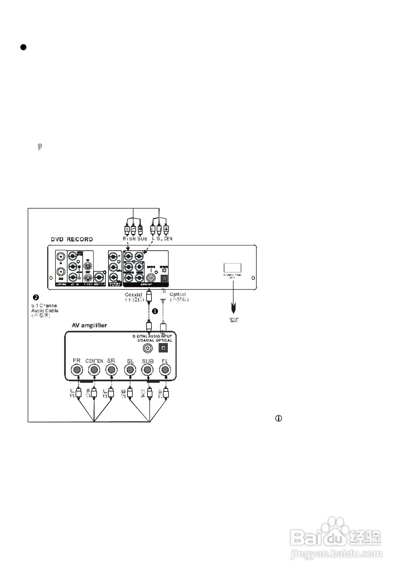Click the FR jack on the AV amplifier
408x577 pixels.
tap(77, 370)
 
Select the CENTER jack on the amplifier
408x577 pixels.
tap(94, 370)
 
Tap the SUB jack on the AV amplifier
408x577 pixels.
tap(148, 370)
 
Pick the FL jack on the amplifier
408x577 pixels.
tap(165, 370)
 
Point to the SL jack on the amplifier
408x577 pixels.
tap(130, 370)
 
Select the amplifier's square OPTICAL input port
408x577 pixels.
tap(164, 348)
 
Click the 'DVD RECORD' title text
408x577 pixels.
tap(72, 239)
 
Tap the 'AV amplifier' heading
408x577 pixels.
tap(89, 325)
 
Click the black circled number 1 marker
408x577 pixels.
tap(155, 311)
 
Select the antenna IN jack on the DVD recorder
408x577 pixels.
tap(61, 257)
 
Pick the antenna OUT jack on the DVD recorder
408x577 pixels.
tap(61, 272)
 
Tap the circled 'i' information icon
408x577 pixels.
tap(279, 418)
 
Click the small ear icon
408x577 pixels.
tap(40, 147)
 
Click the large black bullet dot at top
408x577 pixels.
tap(23, 47)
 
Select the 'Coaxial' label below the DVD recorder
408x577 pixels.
tap(133, 295)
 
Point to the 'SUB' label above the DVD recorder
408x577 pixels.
tap(142, 238)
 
